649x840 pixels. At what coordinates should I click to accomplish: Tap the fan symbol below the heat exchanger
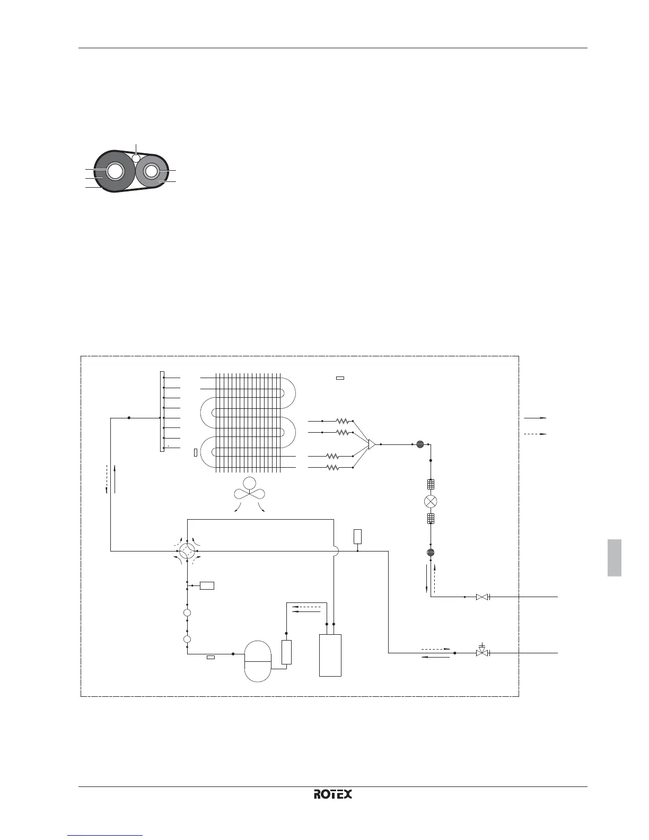[x=249, y=490]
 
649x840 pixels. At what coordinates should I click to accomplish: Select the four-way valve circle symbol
[x=187, y=552]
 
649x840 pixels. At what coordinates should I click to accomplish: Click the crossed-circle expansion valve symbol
[x=431, y=501]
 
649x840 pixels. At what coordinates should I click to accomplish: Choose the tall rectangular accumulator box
[x=330, y=655]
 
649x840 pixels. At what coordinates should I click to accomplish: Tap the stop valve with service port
[x=482, y=653]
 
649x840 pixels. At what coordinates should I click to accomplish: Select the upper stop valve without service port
[x=482, y=597]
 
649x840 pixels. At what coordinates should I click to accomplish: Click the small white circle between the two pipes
[x=136, y=157]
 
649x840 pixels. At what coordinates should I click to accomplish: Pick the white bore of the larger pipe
[x=116, y=171]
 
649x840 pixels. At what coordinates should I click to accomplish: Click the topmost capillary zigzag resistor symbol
[x=342, y=421]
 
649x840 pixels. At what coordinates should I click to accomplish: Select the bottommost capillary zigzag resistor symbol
[x=332, y=468]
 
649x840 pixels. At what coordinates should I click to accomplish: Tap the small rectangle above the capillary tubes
[x=340, y=378]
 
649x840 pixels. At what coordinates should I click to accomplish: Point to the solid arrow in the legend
[x=535, y=418]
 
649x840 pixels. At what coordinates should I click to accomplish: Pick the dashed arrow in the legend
[x=535, y=434]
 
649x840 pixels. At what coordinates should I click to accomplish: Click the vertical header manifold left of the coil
[x=162, y=412]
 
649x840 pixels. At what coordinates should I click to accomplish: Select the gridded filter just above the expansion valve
[x=431, y=484]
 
